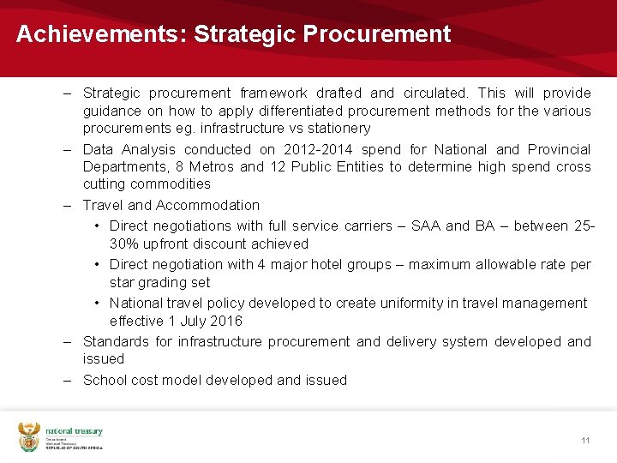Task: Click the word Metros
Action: coord(211,166)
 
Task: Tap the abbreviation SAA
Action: coord(425,226)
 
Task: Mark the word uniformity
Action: coord(422,303)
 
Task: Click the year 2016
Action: coord(226,321)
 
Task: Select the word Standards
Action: coord(116,341)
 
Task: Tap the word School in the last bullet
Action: coord(105,380)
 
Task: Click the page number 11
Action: coord(585,441)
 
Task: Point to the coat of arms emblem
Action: coord(30,437)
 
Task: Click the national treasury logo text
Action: coord(74,432)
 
